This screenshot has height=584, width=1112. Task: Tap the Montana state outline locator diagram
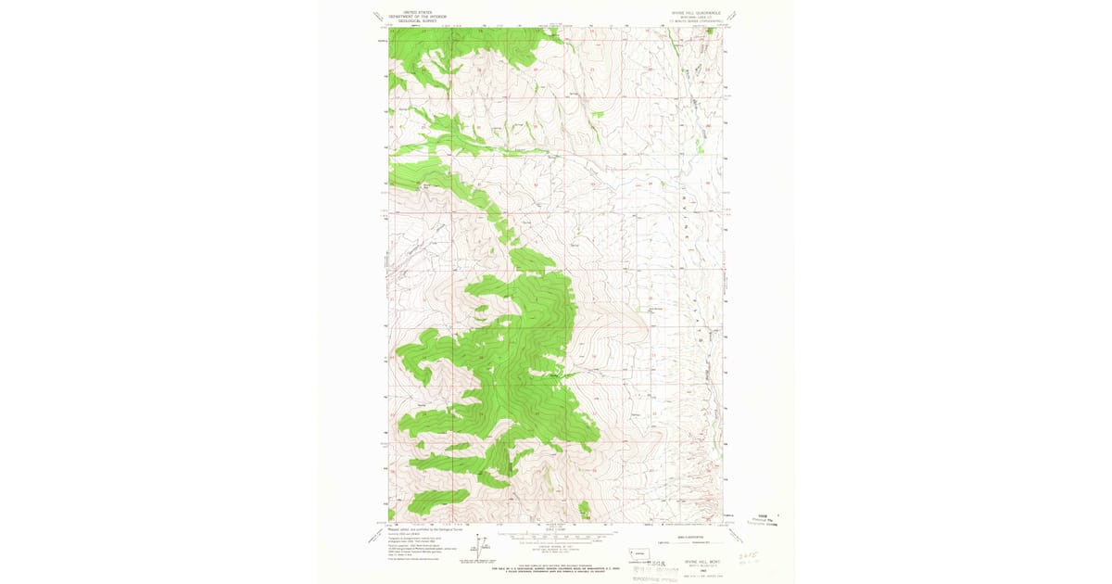click(x=638, y=552)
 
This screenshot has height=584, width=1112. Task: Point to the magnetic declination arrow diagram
click(x=478, y=549)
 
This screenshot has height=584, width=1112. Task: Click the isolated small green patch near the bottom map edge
click(x=586, y=509)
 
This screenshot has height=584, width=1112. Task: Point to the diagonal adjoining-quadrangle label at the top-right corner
click(x=733, y=16)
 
